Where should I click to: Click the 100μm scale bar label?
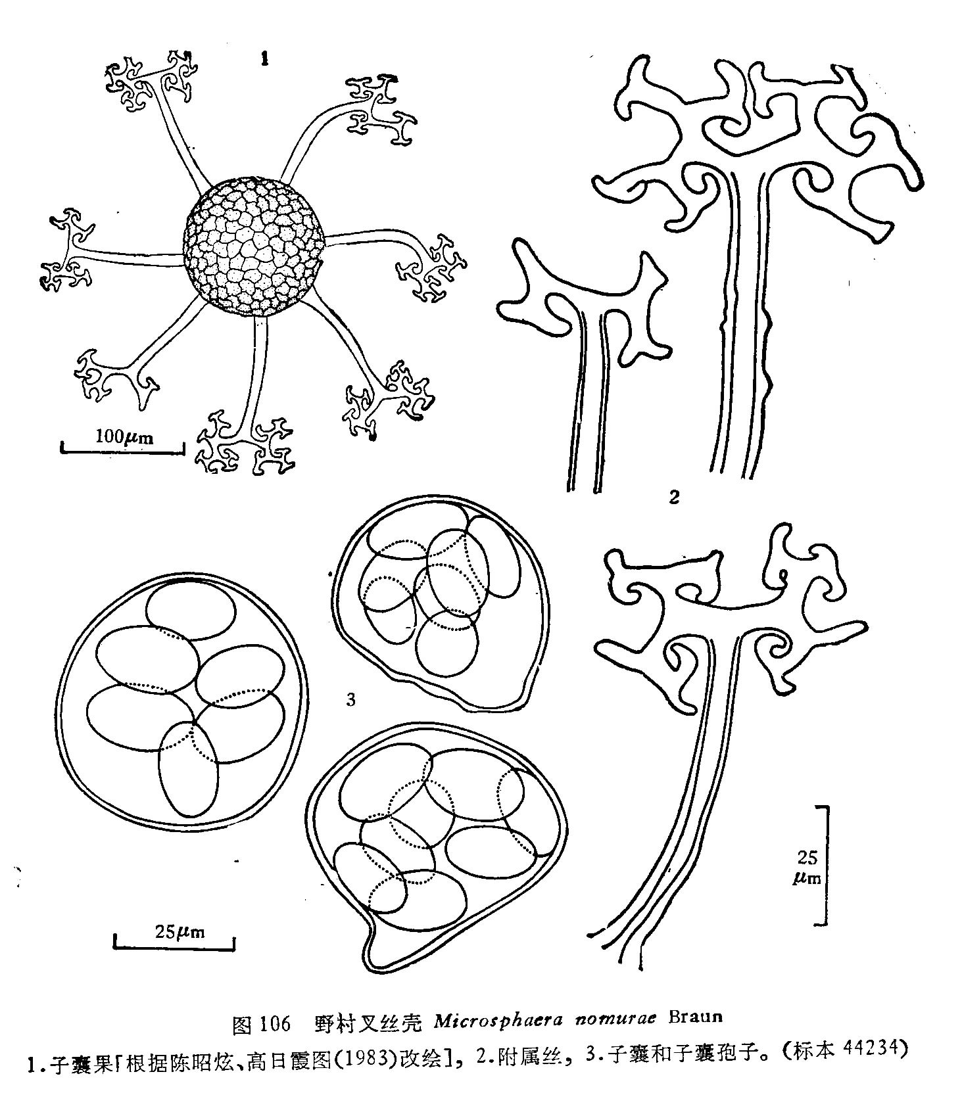(x=124, y=436)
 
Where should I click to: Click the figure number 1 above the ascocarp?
(x=264, y=59)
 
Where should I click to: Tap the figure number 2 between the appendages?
(x=673, y=498)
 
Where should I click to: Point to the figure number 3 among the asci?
(x=350, y=700)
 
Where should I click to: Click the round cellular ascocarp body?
(x=254, y=246)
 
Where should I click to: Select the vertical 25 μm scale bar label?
(x=807, y=866)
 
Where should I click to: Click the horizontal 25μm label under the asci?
(x=180, y=931)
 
